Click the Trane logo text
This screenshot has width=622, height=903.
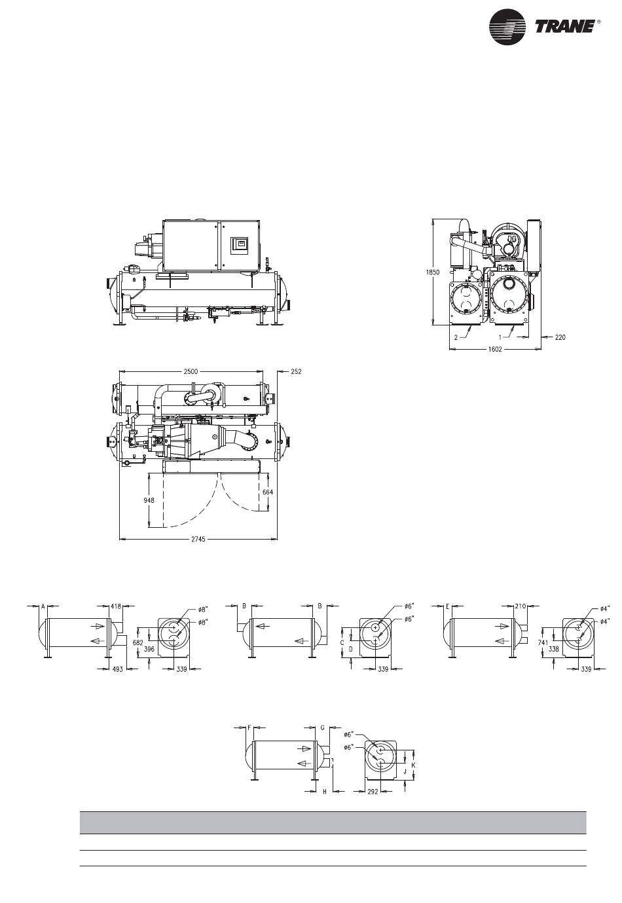564,27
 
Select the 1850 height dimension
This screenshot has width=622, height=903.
433,272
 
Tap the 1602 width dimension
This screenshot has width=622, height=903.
494,349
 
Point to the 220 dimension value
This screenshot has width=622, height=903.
560,337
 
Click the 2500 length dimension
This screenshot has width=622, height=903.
191,371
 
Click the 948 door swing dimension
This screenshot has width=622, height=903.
149,500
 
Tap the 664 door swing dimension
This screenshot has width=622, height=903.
268,492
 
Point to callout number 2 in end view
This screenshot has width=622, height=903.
456,337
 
